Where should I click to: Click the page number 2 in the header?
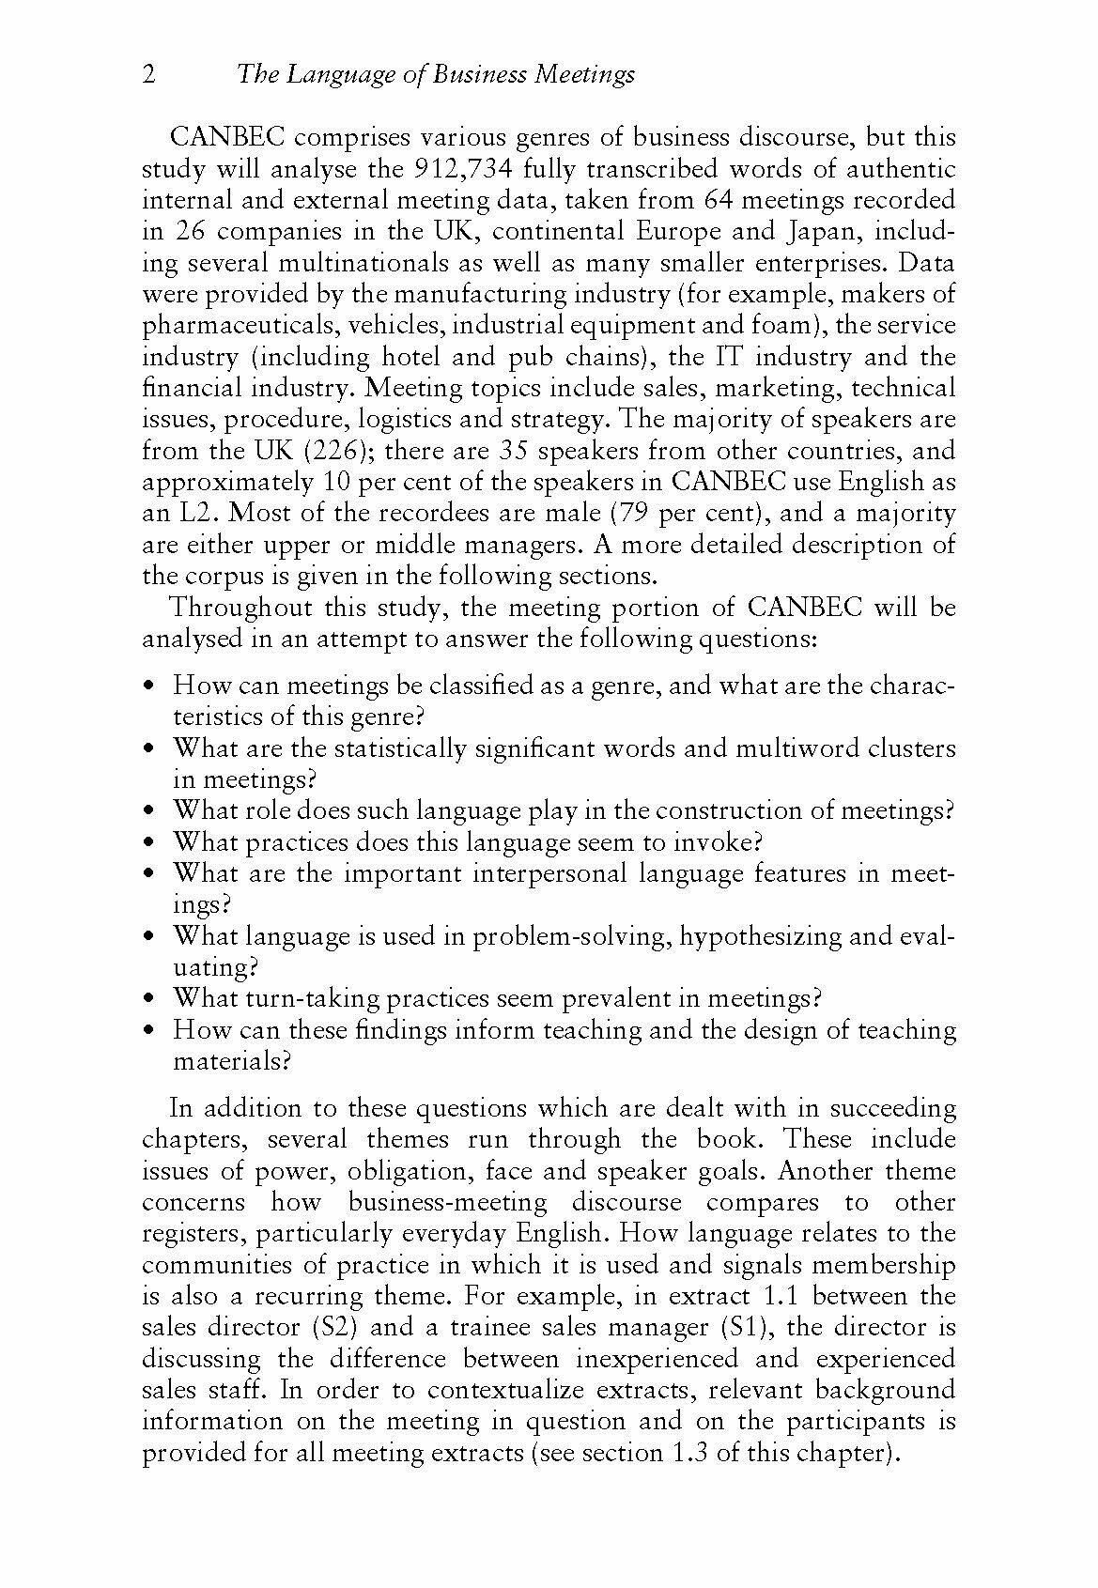click(148, 75)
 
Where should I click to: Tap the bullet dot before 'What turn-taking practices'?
click(150, 998)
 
